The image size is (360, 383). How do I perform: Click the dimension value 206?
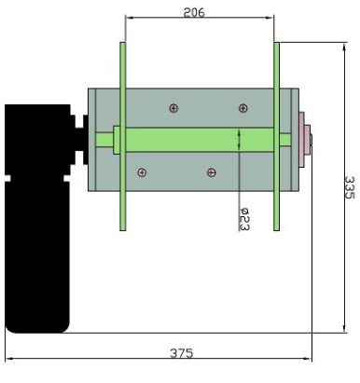tap(194, 12)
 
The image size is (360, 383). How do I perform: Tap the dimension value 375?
tap(182, 353)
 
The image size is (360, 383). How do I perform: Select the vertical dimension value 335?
tap(350, 187)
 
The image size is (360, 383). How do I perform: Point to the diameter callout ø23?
tap(244, 219)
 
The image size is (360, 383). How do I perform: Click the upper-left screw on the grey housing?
tap(173, 108)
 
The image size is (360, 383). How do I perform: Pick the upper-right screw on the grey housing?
tap(243, 108)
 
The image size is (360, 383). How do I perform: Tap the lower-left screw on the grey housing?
tap(142, 172)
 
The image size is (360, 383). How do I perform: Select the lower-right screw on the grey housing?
tap(212, 172)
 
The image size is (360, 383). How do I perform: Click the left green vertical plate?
tap(123, 136)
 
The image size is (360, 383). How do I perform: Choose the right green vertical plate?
tap(276, 136)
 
